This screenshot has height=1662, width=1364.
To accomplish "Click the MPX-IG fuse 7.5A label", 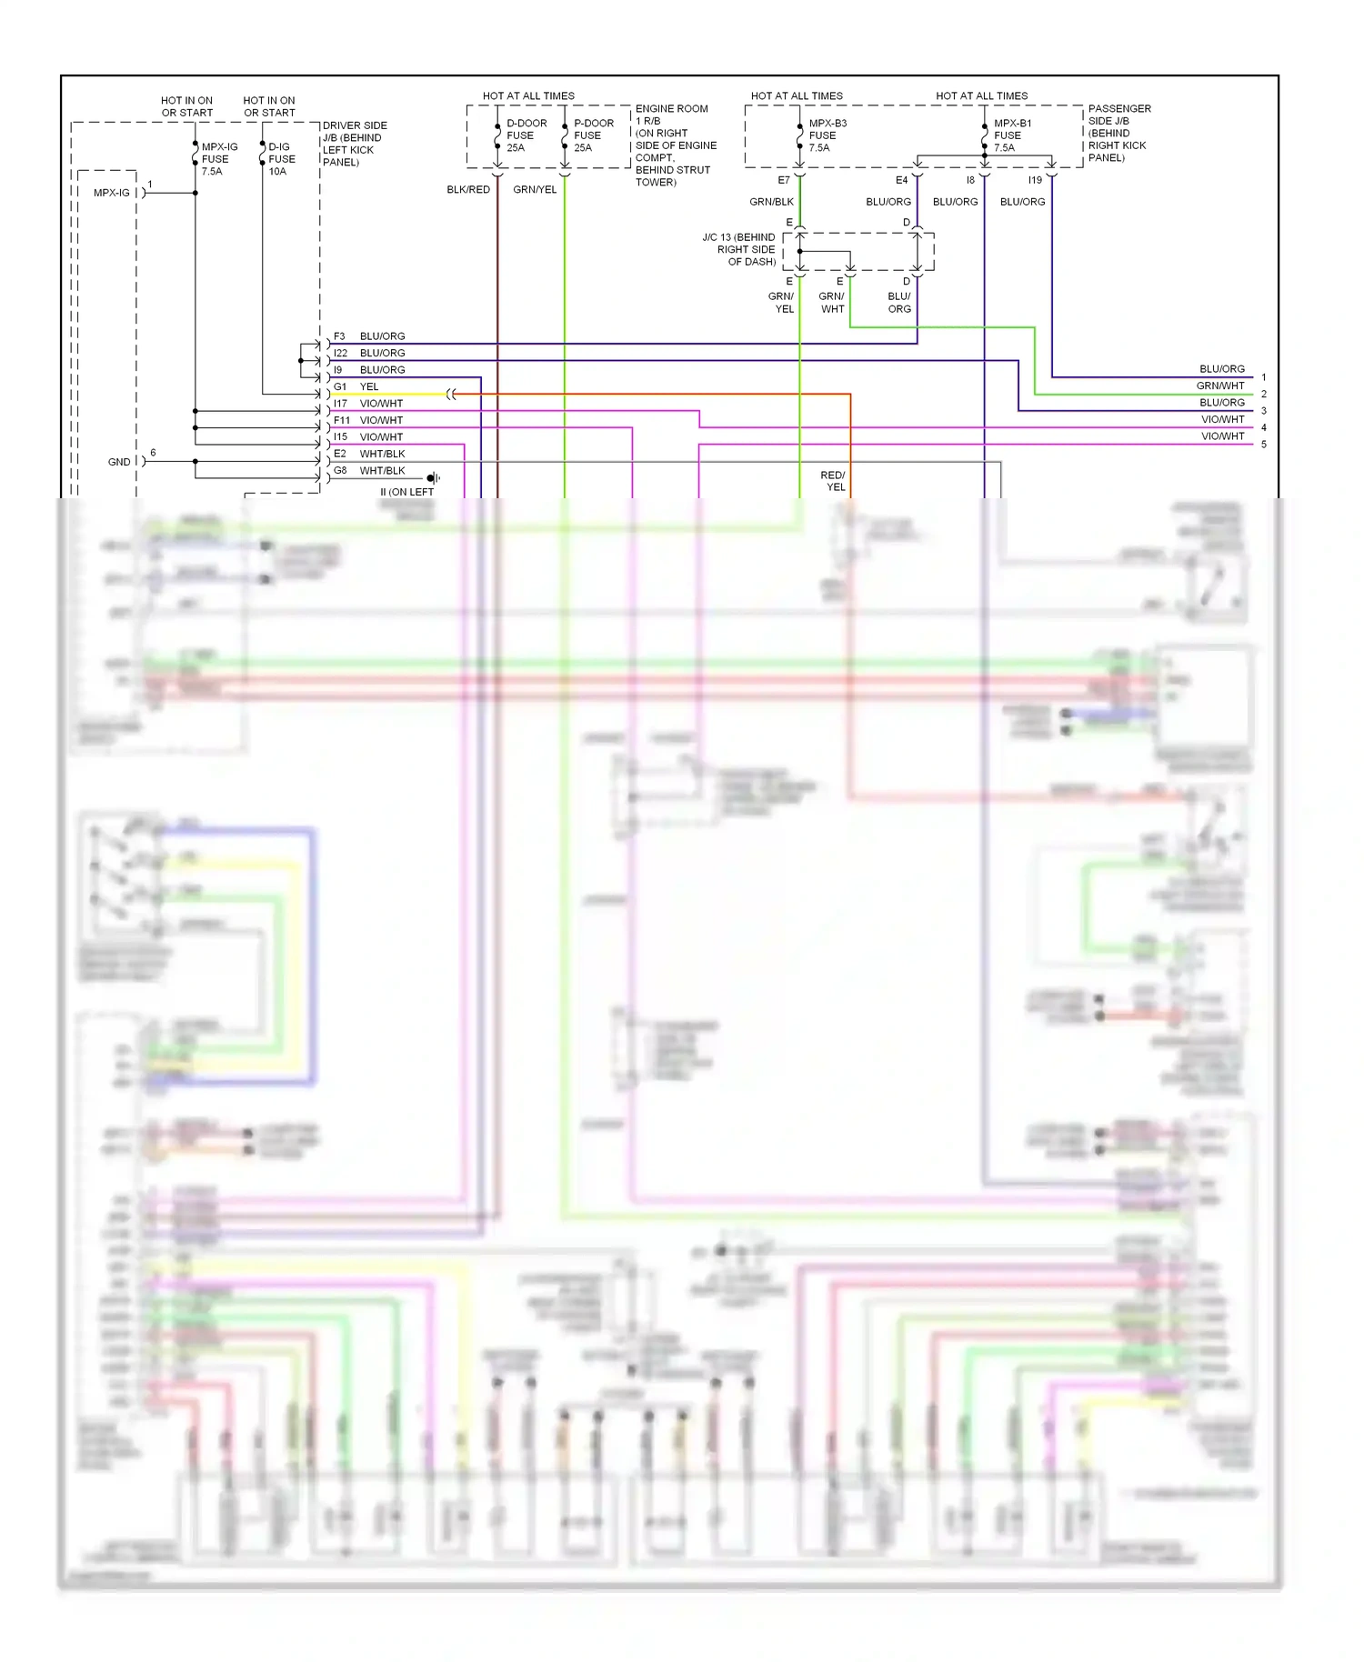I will (218, 159).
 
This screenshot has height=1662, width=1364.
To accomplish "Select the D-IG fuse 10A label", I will (281, 159).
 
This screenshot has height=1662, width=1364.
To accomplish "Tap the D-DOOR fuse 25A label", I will (526, 135).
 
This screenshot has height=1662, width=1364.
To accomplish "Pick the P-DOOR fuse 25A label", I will (593, 135).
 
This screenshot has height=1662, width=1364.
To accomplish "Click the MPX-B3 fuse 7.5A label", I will (827, 135).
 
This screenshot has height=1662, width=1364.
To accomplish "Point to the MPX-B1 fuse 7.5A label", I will (1011, 135).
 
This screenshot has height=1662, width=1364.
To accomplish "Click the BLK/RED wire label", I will (468, 190).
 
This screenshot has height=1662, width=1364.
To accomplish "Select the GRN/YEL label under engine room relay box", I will (535, 190).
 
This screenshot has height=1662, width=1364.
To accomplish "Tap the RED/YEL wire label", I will (833, 481).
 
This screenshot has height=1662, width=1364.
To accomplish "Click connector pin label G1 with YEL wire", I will (340, 386).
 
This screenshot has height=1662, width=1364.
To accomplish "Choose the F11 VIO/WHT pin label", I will (342, 420).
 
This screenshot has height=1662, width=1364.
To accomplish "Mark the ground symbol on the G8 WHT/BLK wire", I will (433, 477).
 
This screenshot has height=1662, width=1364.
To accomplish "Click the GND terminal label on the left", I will (119, 462).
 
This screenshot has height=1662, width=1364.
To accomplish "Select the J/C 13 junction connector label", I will (739, 249).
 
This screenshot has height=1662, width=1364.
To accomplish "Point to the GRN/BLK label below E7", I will (771, 202).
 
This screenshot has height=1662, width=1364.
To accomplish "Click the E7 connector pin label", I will (783, 180).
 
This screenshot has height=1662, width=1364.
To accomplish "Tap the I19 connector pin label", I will (1035, 180).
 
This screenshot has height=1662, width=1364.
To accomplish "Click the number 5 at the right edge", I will (1263, 445).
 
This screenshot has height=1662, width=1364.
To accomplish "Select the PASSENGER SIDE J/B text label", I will (1118, 133).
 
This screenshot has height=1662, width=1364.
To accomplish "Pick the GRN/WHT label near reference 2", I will (1219, 385).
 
